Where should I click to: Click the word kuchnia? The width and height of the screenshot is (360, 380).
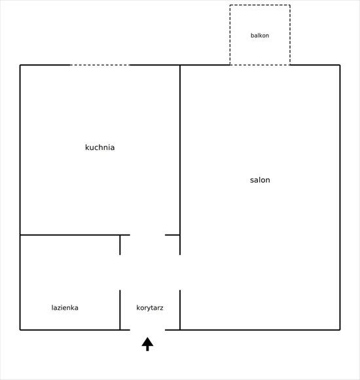[x=99, y=147]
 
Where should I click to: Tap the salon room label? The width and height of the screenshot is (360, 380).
[x=260, y=180]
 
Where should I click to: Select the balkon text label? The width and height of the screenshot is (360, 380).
[x=260, y=35]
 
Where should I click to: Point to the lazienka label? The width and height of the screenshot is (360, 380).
[x=65, y=308]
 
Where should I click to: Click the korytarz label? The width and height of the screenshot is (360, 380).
[x=150, y=308]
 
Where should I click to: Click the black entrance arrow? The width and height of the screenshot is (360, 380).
[x=147, y=344]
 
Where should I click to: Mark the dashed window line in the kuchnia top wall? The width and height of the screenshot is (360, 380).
[x=99, y=65]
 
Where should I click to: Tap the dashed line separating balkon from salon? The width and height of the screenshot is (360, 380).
[x=260, y=65]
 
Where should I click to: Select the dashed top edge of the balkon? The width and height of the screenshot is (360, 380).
[x=260, y=5]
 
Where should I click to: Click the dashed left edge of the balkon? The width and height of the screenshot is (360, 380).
[x=230, y=35]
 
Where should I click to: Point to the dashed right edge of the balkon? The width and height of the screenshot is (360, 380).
[x=290, y=35]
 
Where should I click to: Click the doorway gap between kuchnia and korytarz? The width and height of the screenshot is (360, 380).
[x=147, y=235]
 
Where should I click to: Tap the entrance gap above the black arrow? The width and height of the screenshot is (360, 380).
[x=147, y=330]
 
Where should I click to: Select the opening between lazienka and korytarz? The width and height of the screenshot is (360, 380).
[x=120, y=273]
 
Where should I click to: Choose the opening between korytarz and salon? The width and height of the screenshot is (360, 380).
[x=180, y=273]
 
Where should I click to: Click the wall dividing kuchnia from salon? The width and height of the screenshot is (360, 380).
[x=180, y=150]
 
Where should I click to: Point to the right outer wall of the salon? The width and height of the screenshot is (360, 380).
[x=340, y=197]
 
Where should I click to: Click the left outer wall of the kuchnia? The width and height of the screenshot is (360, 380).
[x=20, y=150]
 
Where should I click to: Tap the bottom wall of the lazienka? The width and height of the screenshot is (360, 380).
[x=70, y=330]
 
